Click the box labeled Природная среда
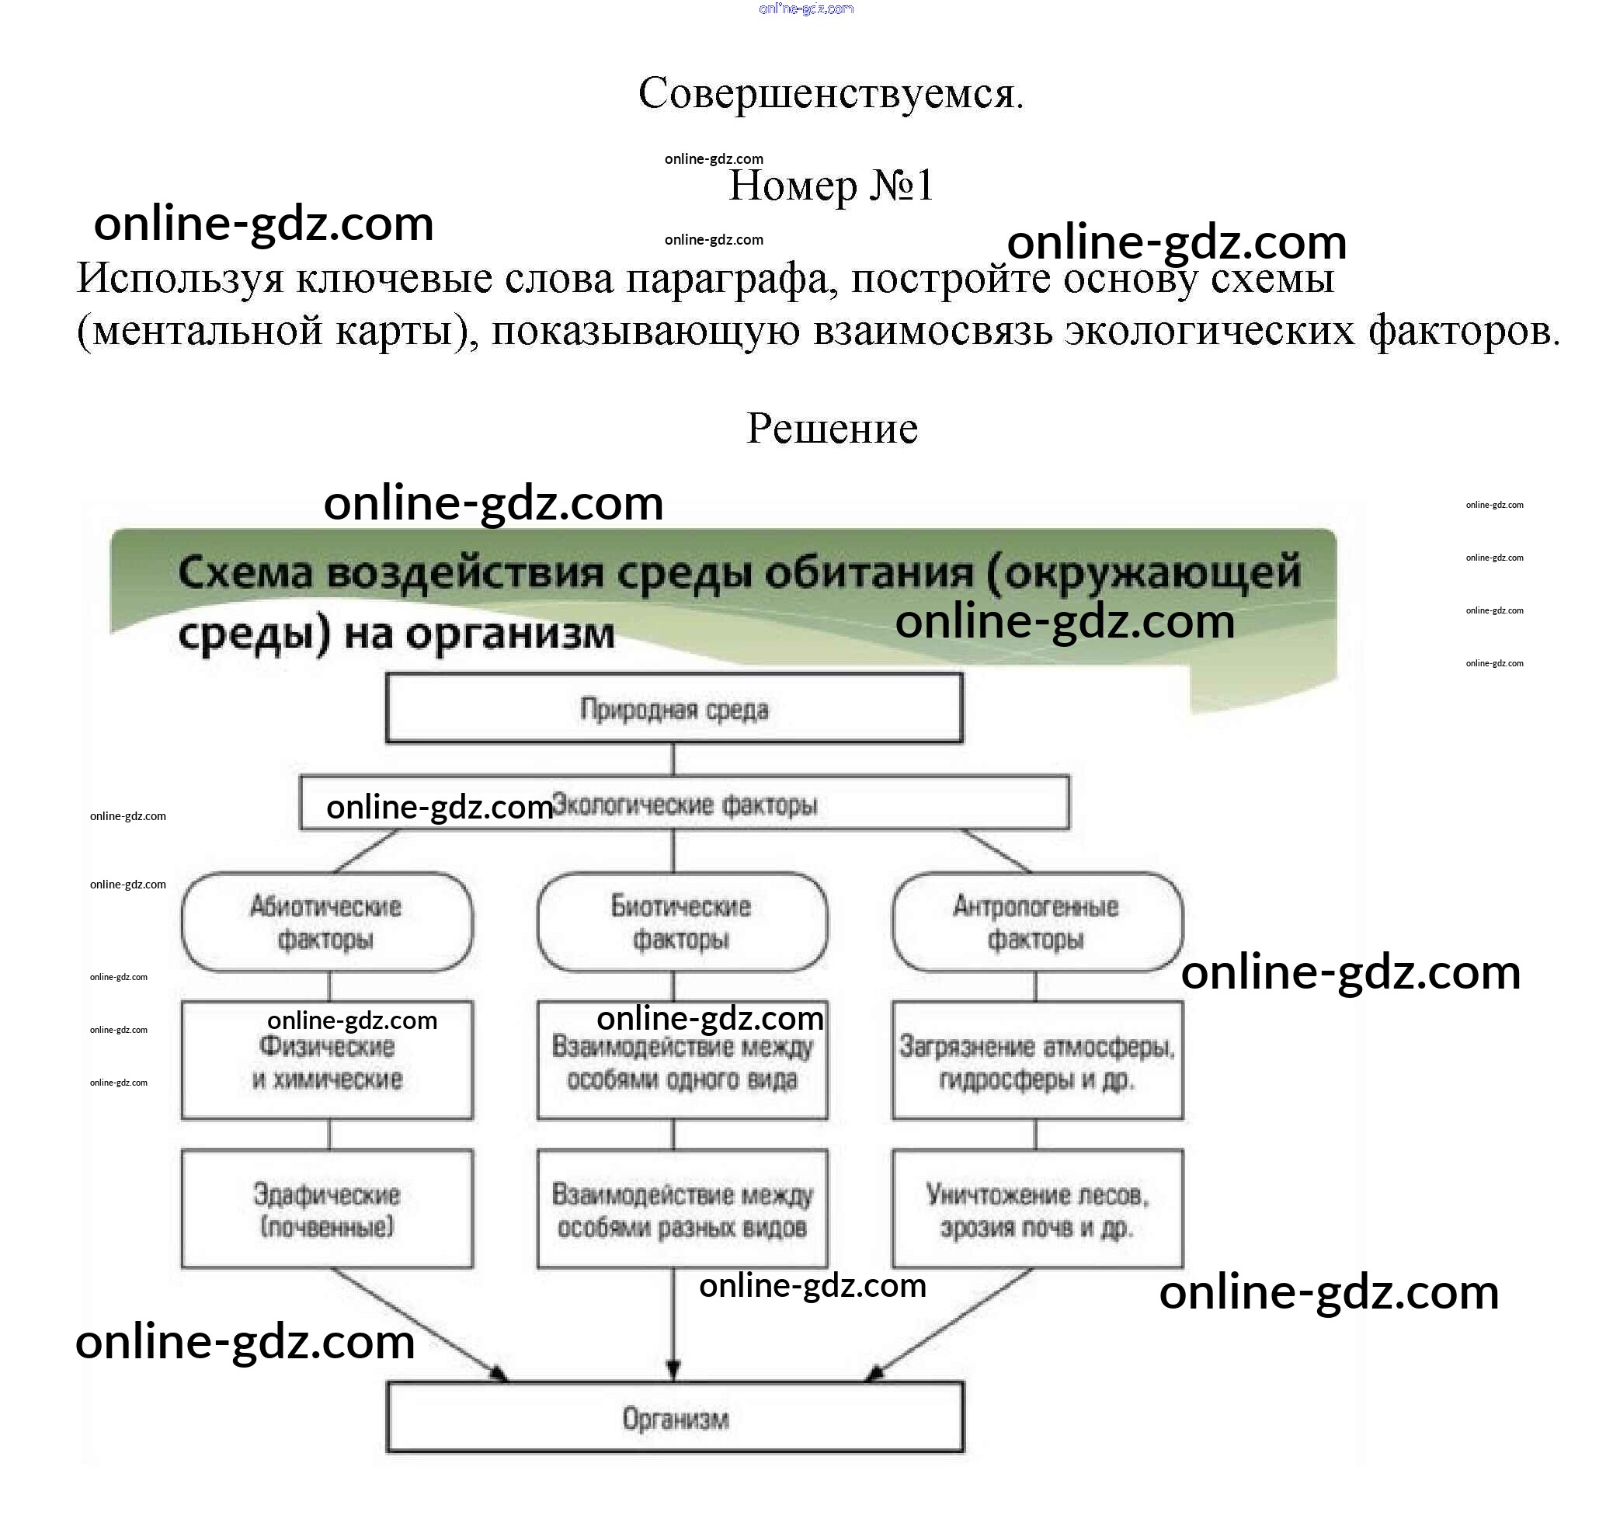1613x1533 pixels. click(x=674, y=708)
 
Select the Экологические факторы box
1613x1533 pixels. click(x=685, y=804)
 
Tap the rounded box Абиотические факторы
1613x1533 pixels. click(x=327, y=923)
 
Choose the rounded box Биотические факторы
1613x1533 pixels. click(x=682, y=923)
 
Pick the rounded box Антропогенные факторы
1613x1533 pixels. click(x=1036, y=923)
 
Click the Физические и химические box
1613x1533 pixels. click(x=327, y=1062)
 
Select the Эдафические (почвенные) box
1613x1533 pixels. click(x=327, y=1210)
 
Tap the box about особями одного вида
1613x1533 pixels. click(x=682, y=1062)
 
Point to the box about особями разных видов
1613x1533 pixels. click(x=682, y=1210)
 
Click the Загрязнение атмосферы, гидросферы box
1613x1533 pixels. click(x=1036, y=1062)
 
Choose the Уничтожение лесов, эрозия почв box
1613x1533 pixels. click(x=1036, y=1210)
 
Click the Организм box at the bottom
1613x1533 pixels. click(x=675, y=1419)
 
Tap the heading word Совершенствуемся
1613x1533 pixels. click(x=830, y=93)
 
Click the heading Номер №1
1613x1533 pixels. click(x=830, y=186)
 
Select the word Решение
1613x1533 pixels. click(x=832, y=428)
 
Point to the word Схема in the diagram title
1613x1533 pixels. click(x=245, y=572)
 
